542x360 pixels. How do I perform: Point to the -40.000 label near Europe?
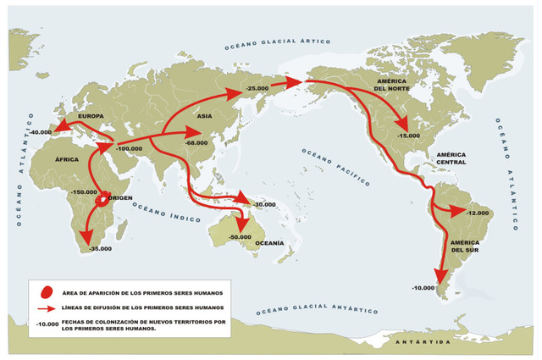point(40,133)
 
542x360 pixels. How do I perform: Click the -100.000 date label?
point(129,148)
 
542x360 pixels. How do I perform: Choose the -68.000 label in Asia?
point(196,143)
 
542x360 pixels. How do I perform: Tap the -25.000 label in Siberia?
point(257,88)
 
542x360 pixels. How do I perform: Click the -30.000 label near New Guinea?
point(263,204)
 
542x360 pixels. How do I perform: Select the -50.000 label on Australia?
point(241,238)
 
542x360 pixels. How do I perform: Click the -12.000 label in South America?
point(478,213)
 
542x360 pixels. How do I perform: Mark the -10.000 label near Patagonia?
point(423,288)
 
